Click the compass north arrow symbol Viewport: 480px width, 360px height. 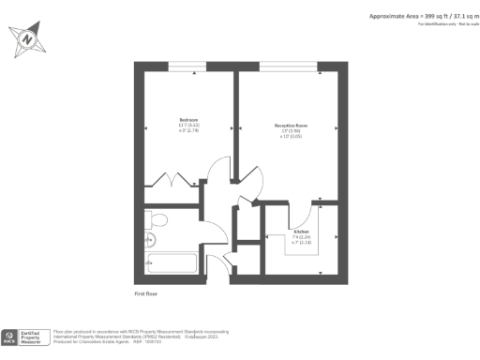pos(27,39)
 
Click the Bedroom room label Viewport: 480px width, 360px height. pos(189,121)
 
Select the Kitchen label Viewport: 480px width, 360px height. pos(301,232)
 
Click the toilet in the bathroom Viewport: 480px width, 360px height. pos(156,219)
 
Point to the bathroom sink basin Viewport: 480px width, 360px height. pos(149,239)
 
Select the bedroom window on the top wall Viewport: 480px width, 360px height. pos(187,66)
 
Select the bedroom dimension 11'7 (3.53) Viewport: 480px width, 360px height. pos(188,127)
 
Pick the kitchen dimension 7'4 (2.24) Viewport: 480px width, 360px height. pos(301,237)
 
